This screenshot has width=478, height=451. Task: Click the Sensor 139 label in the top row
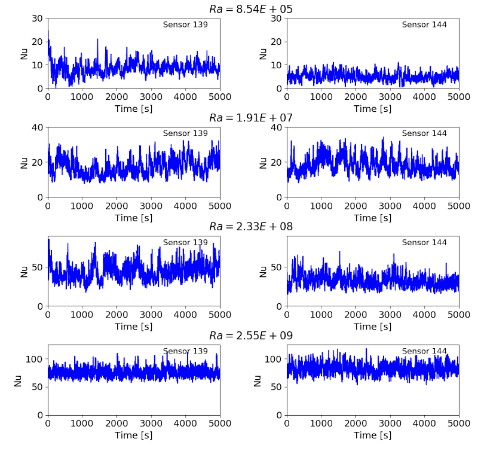click(185, 25)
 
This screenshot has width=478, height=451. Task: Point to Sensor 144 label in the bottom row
click(424, 351)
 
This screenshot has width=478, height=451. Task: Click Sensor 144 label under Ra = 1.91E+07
click(424, 133)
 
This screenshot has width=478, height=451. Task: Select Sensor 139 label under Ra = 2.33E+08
click(185, 242)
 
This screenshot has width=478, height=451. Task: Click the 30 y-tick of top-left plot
click(38, 18)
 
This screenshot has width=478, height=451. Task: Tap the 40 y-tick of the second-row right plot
click(277, 127)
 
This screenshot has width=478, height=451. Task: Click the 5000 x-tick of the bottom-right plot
click(459, 423)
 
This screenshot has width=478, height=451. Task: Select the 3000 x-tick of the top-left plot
click(151, 96)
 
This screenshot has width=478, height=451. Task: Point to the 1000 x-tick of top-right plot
click(321, 96)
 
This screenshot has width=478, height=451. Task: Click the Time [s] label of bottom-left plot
click(134, 435)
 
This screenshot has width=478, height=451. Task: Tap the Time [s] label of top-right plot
click(373, 108)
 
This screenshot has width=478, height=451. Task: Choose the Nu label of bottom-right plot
click(258, 380)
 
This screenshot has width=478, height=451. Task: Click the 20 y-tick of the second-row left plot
click(38, 162)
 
